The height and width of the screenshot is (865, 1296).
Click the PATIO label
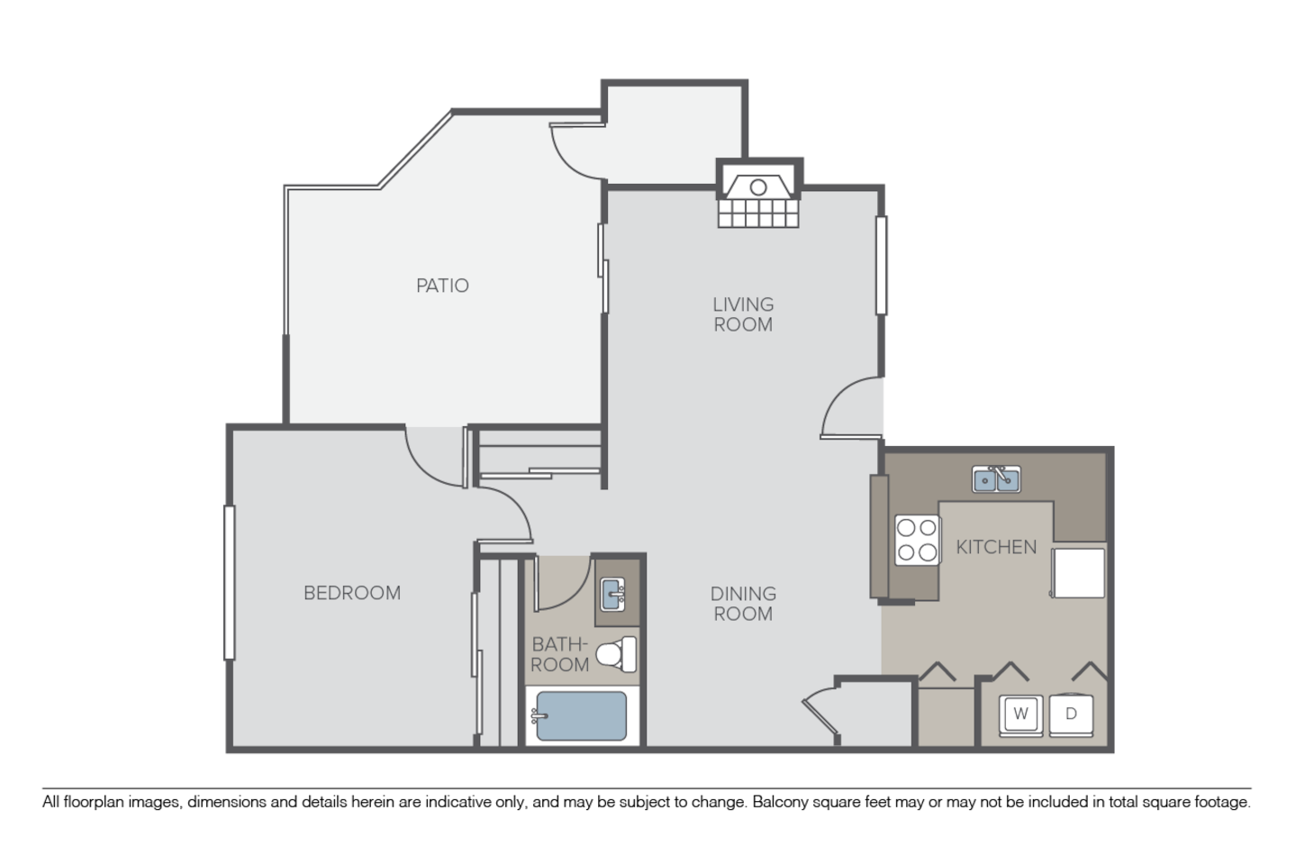point(442,286)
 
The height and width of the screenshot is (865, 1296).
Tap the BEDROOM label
point(352,593)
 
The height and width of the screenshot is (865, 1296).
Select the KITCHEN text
point(996,547)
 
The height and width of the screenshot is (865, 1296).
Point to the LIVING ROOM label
point(743,314)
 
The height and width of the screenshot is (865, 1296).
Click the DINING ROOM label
point(743,604)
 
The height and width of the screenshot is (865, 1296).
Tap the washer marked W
point(1021,715)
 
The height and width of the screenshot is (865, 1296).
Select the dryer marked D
point(1072,715)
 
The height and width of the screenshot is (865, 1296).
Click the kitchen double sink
point(996,478)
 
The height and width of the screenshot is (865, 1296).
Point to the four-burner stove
point(917,541)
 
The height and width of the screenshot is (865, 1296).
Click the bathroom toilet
point(616,654)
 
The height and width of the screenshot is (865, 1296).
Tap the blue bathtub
point(581,716)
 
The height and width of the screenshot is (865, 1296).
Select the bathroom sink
point(612,594)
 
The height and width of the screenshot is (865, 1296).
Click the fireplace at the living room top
point(758,195)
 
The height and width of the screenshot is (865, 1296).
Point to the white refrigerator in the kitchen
point(1078,573)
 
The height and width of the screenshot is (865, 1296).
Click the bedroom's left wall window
point(230,582)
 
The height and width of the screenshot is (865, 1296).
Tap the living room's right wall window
point(881,266)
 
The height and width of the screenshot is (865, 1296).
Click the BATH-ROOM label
point(559,654)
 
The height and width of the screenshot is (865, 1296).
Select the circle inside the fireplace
point(758,187)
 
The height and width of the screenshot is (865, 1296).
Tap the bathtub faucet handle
point(539,717)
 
